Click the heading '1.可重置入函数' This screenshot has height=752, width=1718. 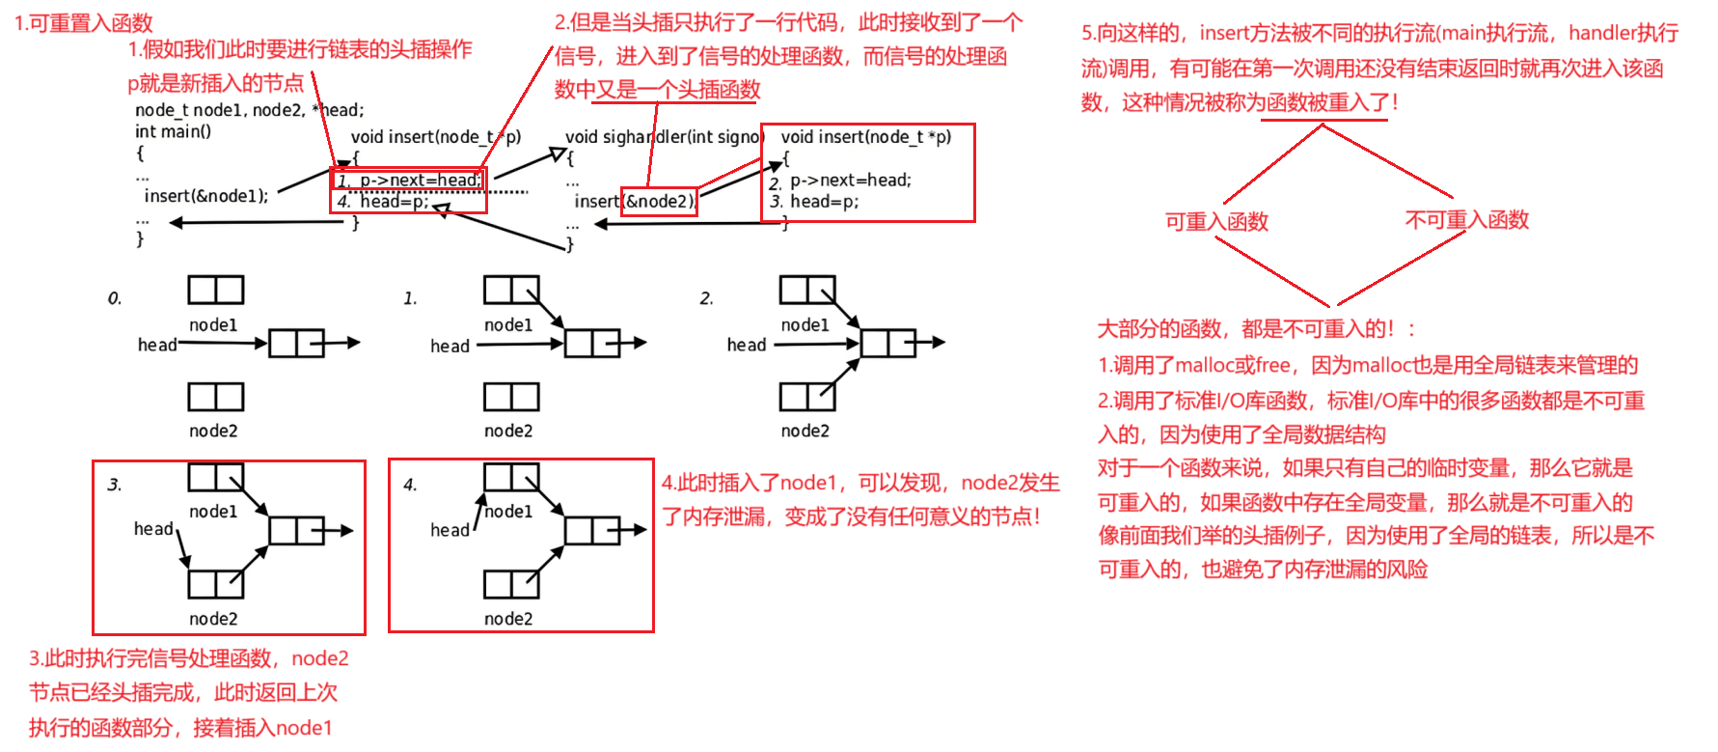point(83,23)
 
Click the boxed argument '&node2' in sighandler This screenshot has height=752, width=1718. point(659,202)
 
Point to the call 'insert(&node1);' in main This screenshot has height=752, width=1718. point(206,196)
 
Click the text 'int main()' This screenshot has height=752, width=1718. point(173,131)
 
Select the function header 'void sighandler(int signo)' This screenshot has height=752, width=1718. point(664,137)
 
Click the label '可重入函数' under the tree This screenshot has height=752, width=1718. point(1216,222)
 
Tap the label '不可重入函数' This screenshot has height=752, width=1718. point(1466,220)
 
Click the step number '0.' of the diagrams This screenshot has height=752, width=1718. point(115,298)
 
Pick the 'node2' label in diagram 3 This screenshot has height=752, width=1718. point(213,619)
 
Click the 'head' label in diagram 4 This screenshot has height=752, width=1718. point(450,530)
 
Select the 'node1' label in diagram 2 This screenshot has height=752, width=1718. point(804,325)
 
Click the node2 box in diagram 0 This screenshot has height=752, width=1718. point(215,397)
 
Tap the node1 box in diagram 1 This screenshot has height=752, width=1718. point(511,290)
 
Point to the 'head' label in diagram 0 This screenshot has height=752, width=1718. point(157,345)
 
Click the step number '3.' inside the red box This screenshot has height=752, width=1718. point(115,485)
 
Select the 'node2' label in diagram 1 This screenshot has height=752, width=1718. point(508,431)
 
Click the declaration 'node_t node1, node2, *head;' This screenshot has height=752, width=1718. point(250,110)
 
